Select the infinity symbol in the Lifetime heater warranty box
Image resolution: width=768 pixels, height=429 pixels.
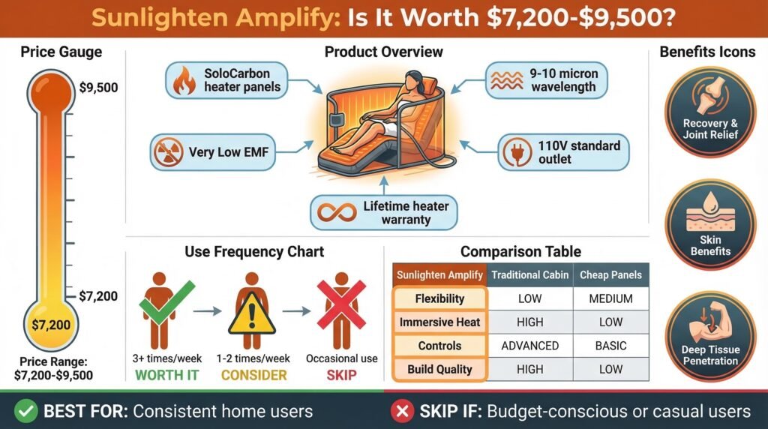point(338,212)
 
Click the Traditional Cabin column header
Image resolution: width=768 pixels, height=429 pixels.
point(529,274)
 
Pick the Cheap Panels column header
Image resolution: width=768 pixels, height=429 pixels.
point(610,274)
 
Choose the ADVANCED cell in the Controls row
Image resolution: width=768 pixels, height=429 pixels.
point(529,346)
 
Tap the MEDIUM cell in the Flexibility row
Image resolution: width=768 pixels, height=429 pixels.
point(610,298)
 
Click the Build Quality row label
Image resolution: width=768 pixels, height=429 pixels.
point(440,369)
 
